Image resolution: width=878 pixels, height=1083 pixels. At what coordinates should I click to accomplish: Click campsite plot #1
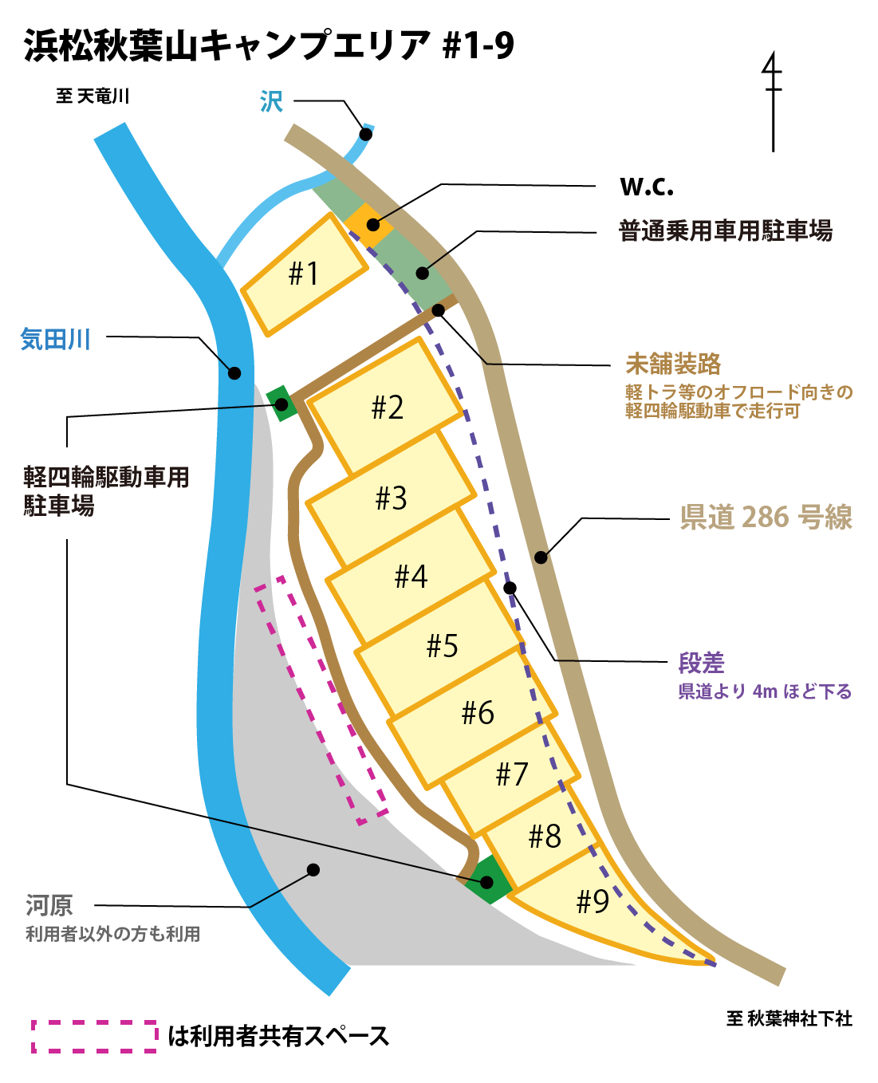[304, 274]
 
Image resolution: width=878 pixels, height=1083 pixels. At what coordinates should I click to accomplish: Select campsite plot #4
[411, 576]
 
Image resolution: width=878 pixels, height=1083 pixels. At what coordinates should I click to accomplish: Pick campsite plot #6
[477, 712]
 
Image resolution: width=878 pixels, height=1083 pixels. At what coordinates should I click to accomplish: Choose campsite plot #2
[388, 408]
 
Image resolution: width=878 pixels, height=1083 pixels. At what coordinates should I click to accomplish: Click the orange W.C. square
[370, 225]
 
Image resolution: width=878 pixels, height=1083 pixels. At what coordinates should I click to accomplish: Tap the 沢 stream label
[271, 101]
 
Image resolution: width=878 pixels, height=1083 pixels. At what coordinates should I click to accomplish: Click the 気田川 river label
[55, 340]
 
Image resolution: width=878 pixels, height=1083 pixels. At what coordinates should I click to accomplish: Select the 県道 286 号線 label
[766, 518]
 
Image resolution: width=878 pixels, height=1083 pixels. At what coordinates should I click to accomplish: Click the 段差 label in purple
[701, 663]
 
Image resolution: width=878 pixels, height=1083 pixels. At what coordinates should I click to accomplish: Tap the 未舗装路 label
[673, 364]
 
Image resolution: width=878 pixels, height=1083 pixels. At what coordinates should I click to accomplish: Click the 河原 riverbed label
[49, 905]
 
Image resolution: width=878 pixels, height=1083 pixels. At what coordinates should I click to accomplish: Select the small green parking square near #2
[282, 403]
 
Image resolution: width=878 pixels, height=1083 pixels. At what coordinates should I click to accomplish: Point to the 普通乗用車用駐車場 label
[726, 231]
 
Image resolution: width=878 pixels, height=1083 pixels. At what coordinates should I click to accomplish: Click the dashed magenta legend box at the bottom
[95, 1036]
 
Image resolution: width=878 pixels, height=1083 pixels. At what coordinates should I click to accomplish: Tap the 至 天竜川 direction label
[93, 96]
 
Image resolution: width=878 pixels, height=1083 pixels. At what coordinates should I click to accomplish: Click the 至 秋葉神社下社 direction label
[789, 1018]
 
